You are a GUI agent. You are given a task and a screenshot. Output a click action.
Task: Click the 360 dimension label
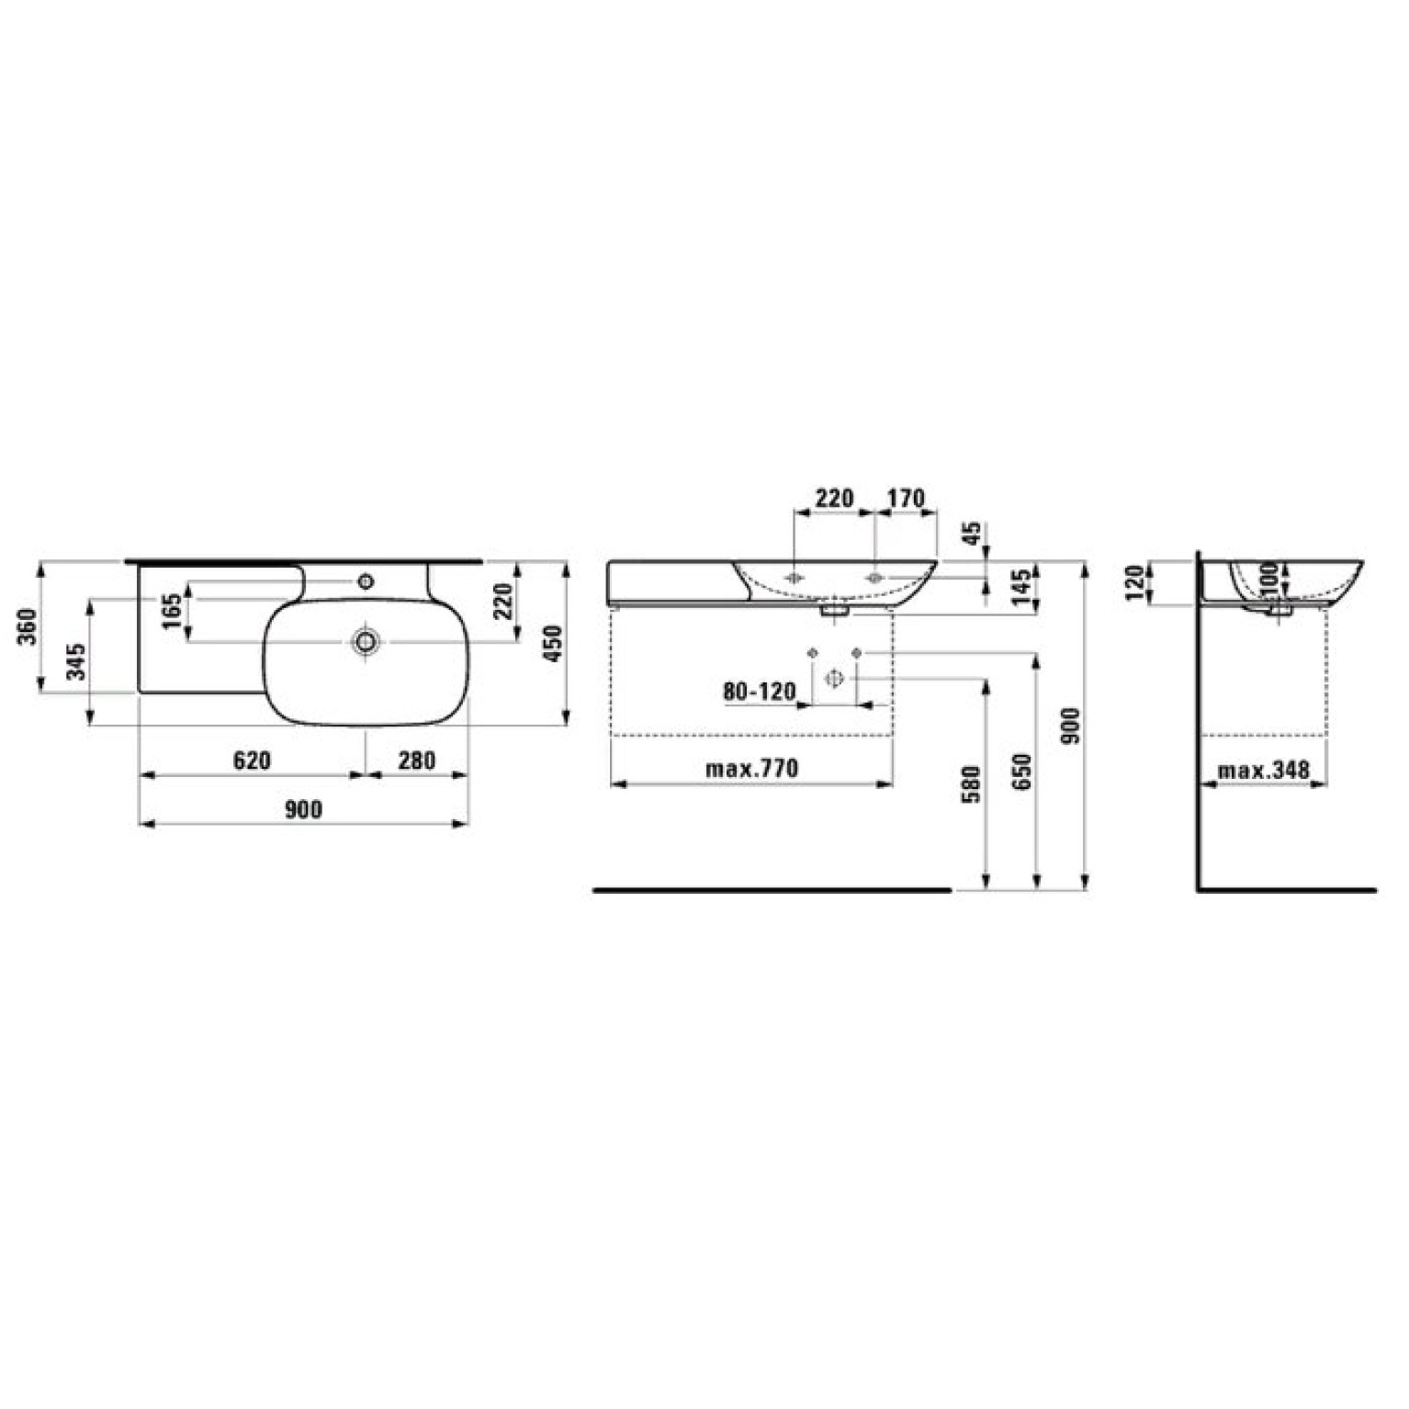tap(31, 626)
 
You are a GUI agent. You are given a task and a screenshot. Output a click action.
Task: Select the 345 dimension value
tap(77, 661)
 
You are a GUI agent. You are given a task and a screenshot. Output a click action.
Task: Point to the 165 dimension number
tap(172, 612)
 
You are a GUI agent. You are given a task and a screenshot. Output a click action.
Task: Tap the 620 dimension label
tap(252, 761)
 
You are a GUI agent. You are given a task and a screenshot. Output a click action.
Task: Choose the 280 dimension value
tap(416, 761)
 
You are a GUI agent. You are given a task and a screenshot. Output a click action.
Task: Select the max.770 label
tap(751, 768)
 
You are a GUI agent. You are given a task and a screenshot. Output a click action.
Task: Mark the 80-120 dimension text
tap(759, 691)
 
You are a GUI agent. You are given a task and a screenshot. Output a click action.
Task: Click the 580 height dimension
tap(972, 783)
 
